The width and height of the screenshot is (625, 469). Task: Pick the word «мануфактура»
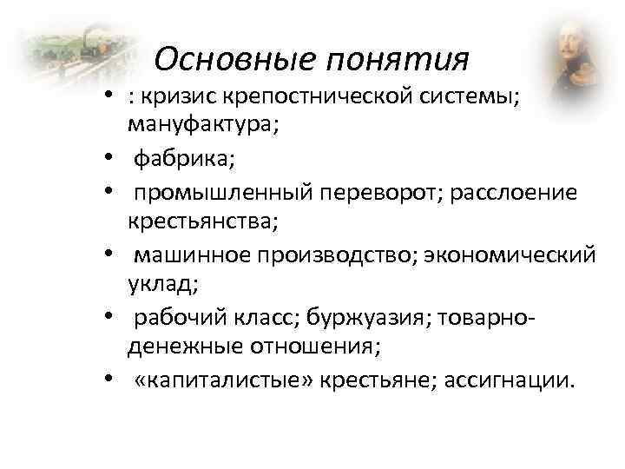point(202,124)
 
